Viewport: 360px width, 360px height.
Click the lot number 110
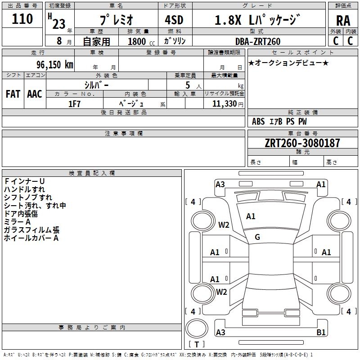point(22,19)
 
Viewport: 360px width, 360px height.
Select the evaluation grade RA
point(343,21)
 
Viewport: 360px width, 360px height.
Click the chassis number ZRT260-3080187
point(302,143)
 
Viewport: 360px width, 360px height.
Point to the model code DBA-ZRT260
point(257,41)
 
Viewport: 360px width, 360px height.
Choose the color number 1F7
point(74,103)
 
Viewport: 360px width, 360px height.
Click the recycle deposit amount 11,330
point(224,103)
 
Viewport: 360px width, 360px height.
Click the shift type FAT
point(13,94)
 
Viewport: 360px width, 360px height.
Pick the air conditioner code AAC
point(35,94)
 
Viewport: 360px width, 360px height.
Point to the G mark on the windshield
point(257,237)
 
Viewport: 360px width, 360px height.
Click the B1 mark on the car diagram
point(321,333)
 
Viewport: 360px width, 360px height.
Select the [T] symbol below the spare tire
point(196,345)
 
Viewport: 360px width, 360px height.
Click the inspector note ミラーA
point(17,222)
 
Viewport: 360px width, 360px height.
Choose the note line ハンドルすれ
point(24,189)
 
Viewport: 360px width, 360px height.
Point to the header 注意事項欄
point(124,134)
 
